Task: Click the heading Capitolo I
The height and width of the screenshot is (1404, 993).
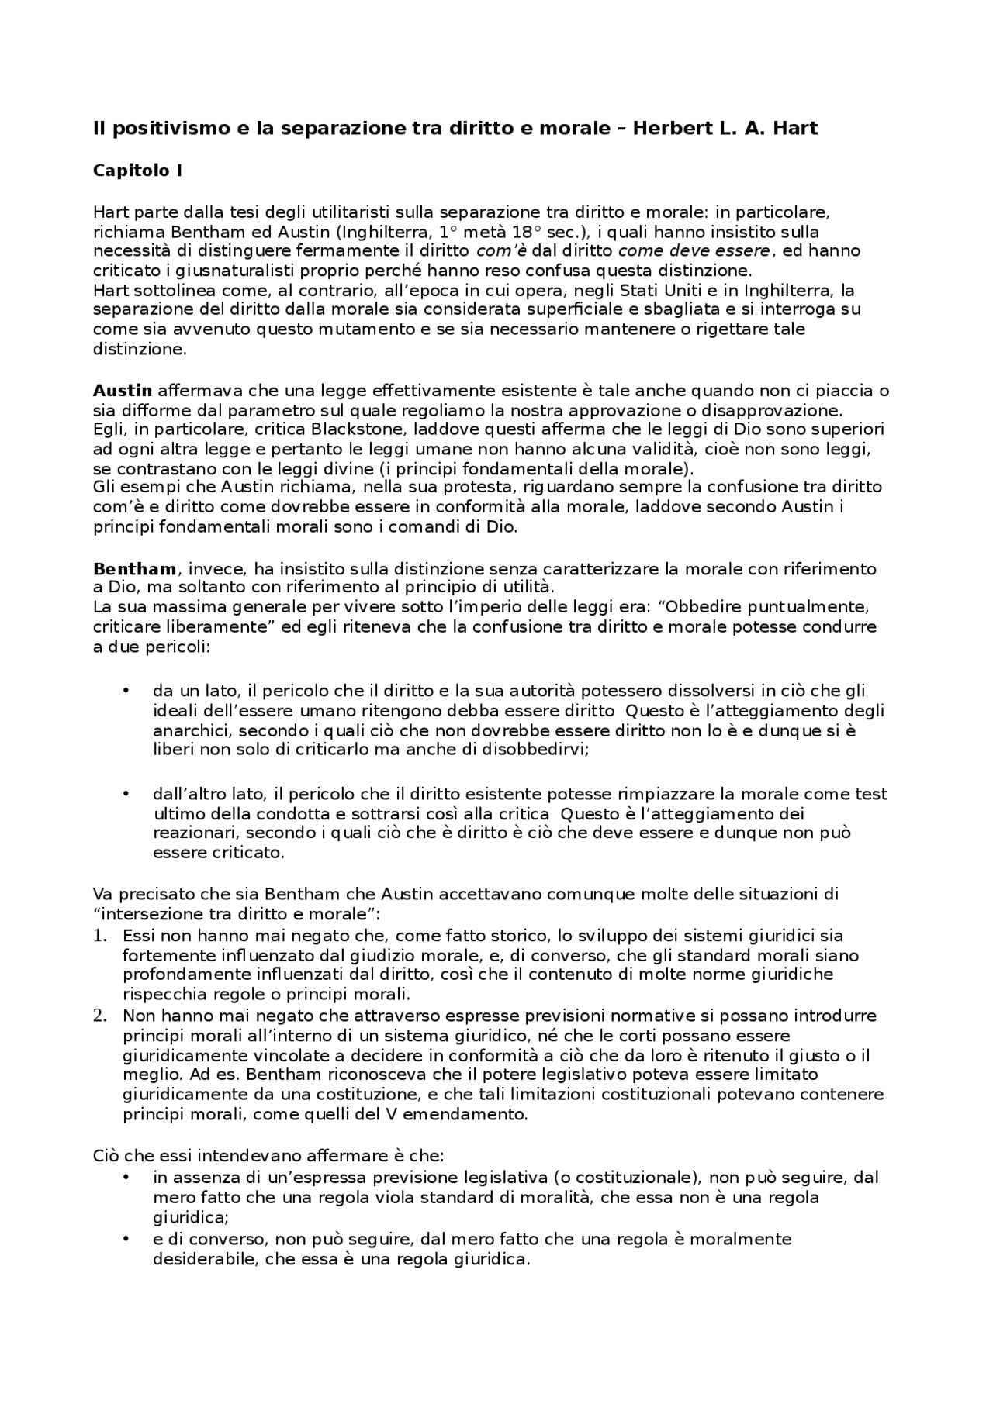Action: point(137,171)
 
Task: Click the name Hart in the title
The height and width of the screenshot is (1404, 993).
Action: point(794,129)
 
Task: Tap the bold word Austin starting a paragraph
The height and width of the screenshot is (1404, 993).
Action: point(123,390)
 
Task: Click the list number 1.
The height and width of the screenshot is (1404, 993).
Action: point(99,936)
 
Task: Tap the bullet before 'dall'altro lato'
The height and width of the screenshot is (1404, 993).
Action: point(126,794)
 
